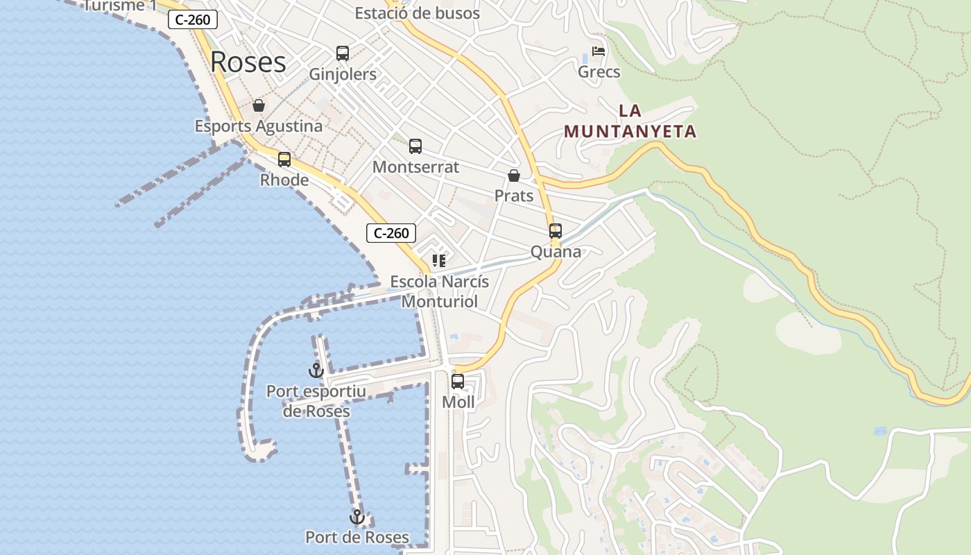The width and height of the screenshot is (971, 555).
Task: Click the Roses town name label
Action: click(x=248, y=62)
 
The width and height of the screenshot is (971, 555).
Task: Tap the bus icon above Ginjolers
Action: click(x=343, y=53)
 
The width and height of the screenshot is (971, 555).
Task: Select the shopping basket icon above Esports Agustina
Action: click(x=259, y=105)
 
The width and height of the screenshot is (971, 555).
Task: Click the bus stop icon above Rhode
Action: click(x=284, y=160)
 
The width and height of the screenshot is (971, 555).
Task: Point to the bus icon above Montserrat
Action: click(x=415, y=146)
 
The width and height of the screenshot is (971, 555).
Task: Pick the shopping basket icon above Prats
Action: click(x=514, y=176)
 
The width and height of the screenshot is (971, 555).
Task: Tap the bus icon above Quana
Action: click(x=556, y=231)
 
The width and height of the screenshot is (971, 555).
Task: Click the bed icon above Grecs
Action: click(x=599, y=51)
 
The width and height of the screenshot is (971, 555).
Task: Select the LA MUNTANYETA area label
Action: click(x=630, y=121)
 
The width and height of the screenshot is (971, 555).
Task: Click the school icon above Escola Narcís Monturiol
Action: click(x=439, y=261)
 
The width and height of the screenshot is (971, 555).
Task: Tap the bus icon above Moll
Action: click(x=458, y=382)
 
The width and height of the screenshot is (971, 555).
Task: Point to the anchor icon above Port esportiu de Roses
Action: click(x=316, y=370)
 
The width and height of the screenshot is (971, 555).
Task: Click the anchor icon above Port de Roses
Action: click(x=357, y=517)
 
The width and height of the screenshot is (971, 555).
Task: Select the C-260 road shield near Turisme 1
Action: click(x=192, y=19)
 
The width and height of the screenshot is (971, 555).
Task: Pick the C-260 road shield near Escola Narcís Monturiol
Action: click(x=391, y=233)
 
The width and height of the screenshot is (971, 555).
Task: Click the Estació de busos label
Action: click(x=417, y=12)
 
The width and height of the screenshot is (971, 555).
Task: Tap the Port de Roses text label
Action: click(x=357, y=537)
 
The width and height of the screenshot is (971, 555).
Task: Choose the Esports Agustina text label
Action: click(x=258, y=126)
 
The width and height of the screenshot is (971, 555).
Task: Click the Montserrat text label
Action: click(x=415, y=167)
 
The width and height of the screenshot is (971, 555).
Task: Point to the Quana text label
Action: click(x=556, y=252)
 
